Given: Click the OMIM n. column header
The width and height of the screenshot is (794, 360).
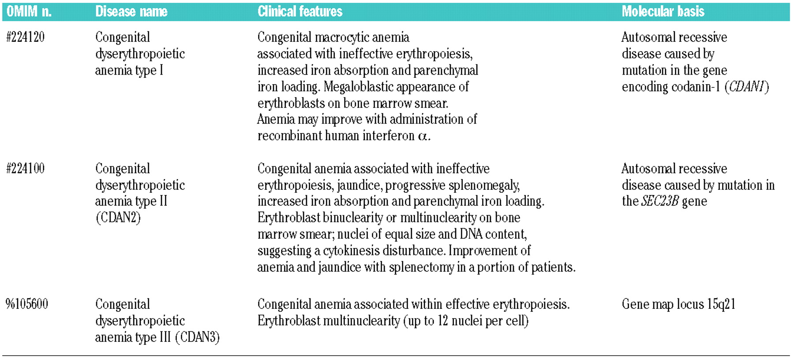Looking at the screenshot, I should (x=29, y=11).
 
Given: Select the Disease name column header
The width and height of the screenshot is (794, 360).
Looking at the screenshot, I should (x=131, y=11).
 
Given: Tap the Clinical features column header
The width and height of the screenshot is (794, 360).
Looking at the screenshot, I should (x=300, y=11).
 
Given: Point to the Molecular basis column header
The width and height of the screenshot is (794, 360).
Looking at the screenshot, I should (x=663, y=11).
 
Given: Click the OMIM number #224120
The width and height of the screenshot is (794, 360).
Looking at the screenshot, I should (x=26, y=37).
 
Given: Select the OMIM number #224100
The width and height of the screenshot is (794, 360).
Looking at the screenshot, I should (x=26, y=169).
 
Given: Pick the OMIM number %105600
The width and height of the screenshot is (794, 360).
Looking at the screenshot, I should (x=27, y=304).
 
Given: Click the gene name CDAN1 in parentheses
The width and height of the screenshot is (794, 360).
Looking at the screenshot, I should (x=746, y=87).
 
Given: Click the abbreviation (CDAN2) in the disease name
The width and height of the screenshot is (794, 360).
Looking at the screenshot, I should (x=118, y=218).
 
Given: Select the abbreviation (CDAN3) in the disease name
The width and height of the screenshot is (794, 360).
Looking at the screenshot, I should (x=197, y=337).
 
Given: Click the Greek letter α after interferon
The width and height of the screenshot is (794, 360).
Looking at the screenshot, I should (x=423, y=136).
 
